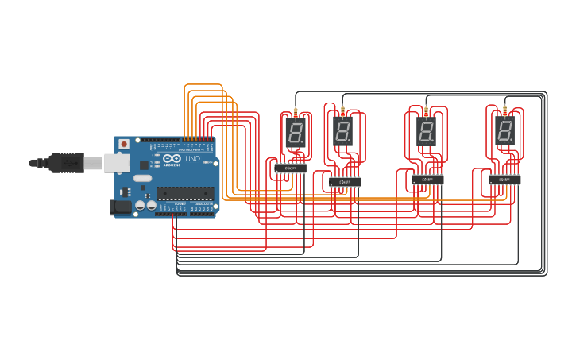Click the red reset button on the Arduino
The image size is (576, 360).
pyautogui.click(x=124, y=144)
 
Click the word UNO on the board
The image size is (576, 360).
pyautogui.click(x=192, y=159)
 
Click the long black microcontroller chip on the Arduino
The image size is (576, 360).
pyautogui.click(x=185, y=192)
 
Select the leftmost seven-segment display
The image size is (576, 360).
pyautogui.click(x=294, y=132)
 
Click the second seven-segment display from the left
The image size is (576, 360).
pyautogui.click(x=342, y=130)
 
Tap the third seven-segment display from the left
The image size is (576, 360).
pyautogui.click(x=426, y=130)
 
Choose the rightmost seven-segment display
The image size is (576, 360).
pyautogui.click(x=504, y=130)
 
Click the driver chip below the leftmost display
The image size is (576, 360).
pyautogui.click(x=291, y=168)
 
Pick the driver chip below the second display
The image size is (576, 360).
pyautogui.click(x=345, y=181)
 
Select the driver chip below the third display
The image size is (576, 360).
pyautogui.click(x=427, y=180)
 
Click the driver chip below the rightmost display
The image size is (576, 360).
pyautogui.click(x=504, y=180)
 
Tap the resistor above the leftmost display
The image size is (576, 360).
pyautogui.click(x=296, y=111)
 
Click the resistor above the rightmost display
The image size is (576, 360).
pyautogui.click(x=504, y=109)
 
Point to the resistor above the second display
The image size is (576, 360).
pyautogui.click(x=342, y=108)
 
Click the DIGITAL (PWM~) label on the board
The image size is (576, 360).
pyautogui.click(x=191, y=149)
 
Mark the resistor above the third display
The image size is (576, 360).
pyautogui.click(x=426, y=110)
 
